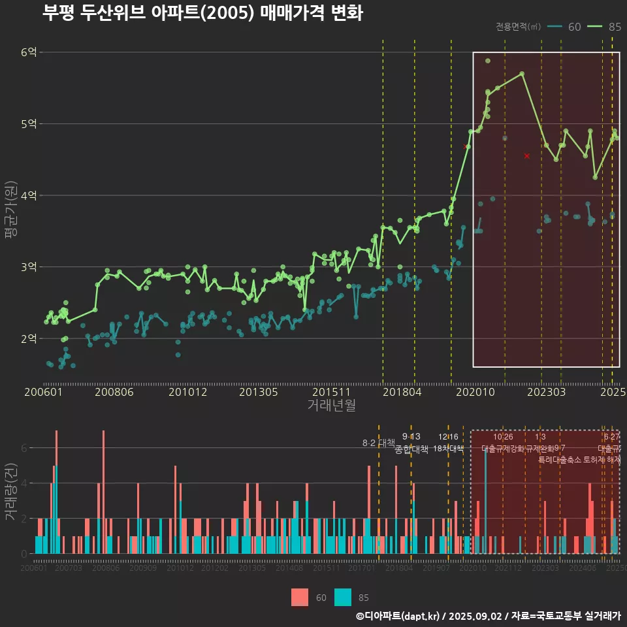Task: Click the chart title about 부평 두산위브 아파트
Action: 202,13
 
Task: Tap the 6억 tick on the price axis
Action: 29,52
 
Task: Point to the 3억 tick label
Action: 29,267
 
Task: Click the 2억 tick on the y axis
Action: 29,338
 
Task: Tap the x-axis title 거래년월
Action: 332,406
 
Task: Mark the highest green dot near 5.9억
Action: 488,61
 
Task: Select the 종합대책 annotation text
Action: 411,449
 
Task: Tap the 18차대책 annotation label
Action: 448,449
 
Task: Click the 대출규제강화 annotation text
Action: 503,449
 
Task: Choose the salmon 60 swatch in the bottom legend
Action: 299,597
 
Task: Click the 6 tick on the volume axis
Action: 24,448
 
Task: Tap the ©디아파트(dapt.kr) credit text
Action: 399,616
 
